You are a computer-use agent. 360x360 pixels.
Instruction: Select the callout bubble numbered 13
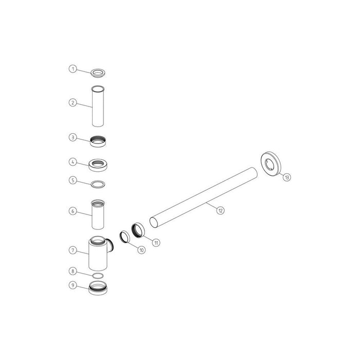tap(286, 177)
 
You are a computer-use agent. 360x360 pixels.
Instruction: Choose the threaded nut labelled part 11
tap(139, 230)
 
